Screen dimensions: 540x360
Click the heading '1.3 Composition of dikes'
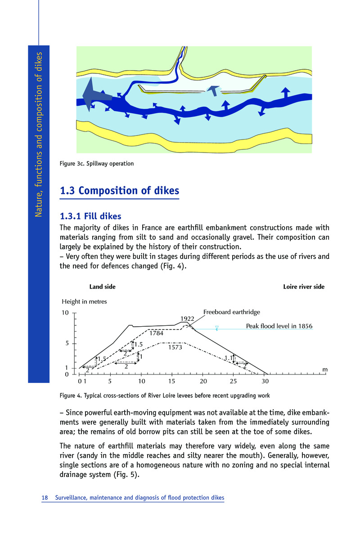click(x=119, y=191)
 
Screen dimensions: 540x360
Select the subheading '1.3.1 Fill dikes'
click(x=90, y=216)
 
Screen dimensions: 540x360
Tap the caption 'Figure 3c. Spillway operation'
click(x=96, y=163)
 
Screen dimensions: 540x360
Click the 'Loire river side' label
click(x=304, y=287)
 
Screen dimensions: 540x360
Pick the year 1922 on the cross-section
click(x=187, y=319)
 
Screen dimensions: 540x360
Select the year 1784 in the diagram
click(x=157, y=333)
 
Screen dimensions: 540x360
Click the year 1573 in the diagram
click(x=175, y=347)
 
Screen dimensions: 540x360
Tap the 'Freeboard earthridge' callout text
click(x=232, y=311)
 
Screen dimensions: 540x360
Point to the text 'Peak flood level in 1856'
click(x=279, y=326)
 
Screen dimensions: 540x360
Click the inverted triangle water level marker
click(x=217, y=328)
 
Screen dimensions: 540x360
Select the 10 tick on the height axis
click(x=65, y=313)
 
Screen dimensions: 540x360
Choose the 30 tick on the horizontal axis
click(x=265, y=382)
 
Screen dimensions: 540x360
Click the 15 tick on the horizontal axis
click(x=172, y=382)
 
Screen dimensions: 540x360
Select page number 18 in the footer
click(x=45, y=498)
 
